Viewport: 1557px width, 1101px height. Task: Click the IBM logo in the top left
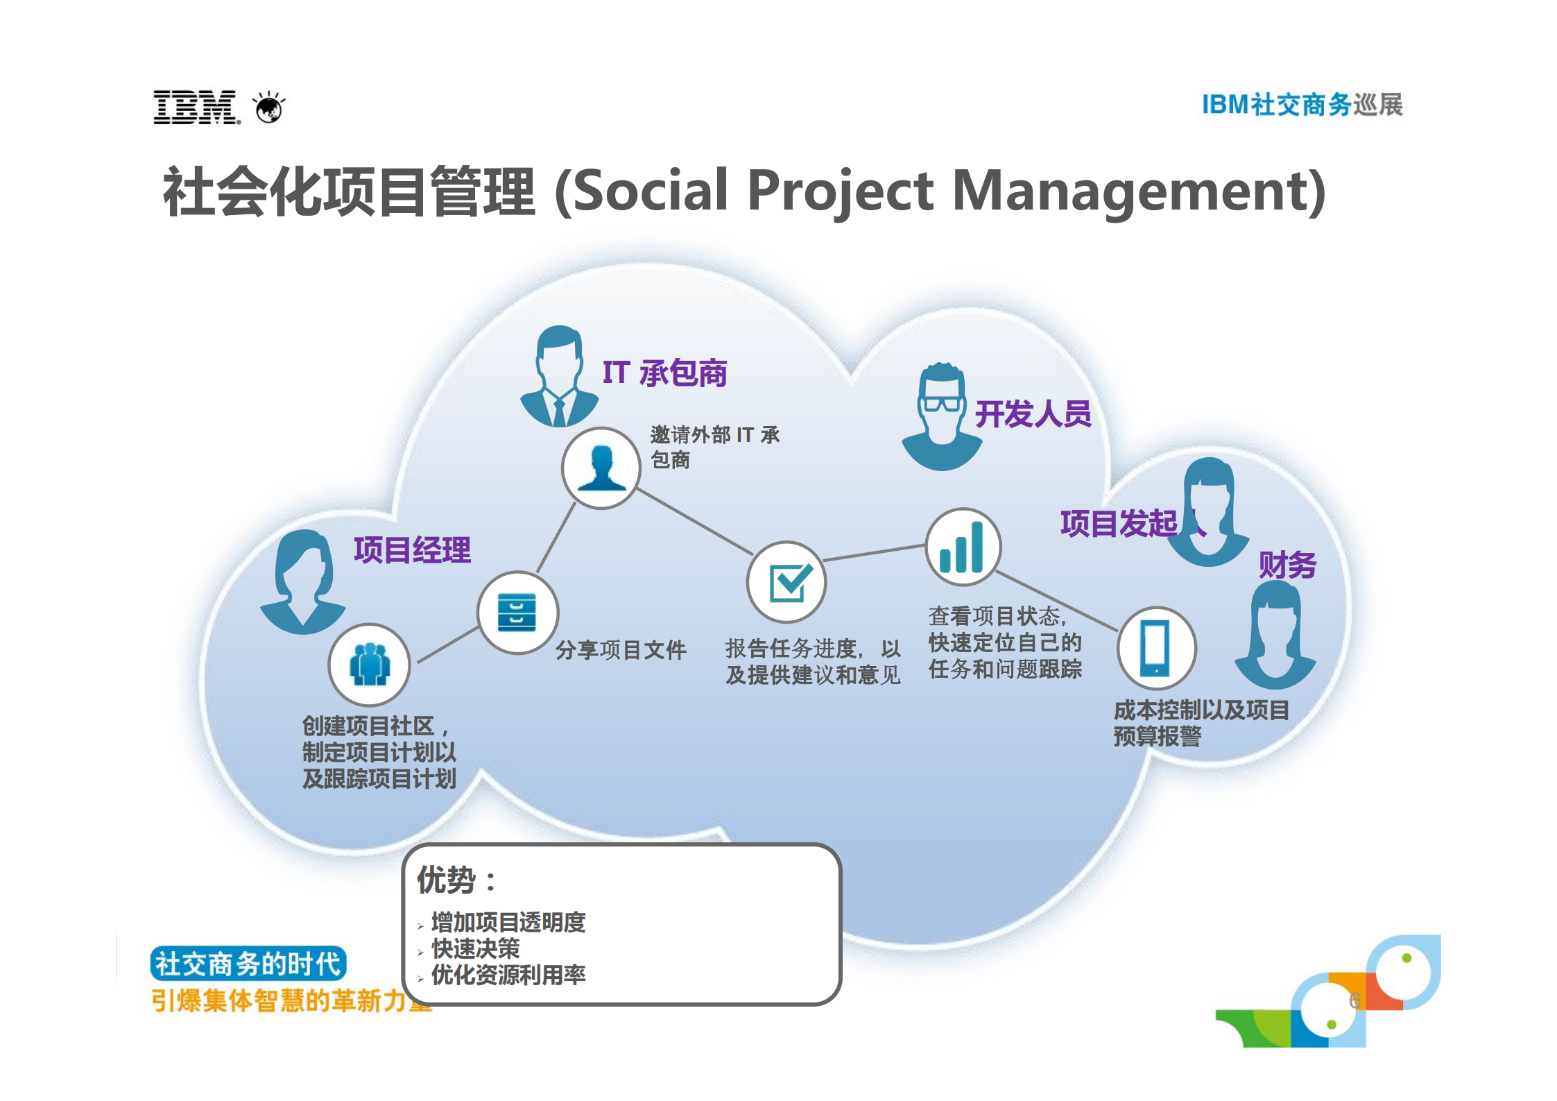[x=196, y=108]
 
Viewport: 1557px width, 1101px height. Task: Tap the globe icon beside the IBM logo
[x=269, y=108]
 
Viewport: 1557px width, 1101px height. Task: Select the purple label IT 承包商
[x=664, y=373]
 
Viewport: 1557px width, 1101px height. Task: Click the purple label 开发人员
[x=1033, y=414]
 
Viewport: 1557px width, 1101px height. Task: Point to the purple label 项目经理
[x=412, y=550]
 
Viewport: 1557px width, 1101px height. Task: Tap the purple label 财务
[x=1287, y=565]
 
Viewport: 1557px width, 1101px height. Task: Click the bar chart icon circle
[x=963, y=547]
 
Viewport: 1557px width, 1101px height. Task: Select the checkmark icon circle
[x=786, y=582]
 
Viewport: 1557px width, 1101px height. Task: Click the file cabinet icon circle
[x=517, y=613]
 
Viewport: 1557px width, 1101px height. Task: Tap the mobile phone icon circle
[x=1156, y=647]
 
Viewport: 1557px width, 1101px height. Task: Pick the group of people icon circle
[x=370, y=665]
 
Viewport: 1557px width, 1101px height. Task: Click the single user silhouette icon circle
[x=601, y=468]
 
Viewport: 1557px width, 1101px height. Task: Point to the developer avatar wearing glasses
[x=941, y=416]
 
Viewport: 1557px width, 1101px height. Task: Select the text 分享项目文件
[x=621, y=650]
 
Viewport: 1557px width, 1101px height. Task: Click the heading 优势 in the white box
[x=447, y=880]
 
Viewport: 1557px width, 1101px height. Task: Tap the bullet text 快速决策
[x=476, y=948]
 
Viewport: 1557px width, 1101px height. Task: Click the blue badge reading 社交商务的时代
[x=248, y=964]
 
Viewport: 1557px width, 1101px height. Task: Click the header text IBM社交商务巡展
[x=1302, y=105]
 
